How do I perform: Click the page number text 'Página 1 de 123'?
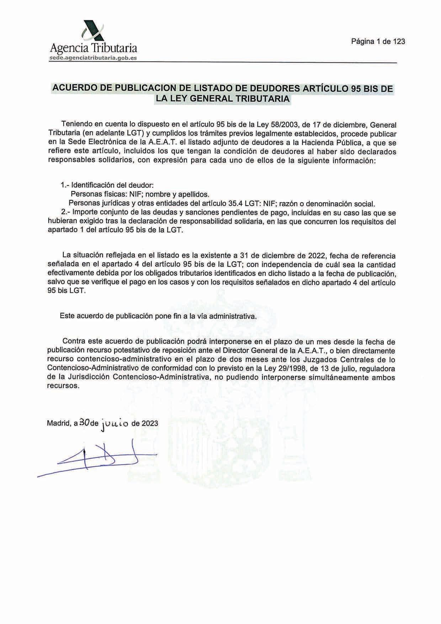coord(378,42)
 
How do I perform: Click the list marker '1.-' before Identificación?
coord(65,185)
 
